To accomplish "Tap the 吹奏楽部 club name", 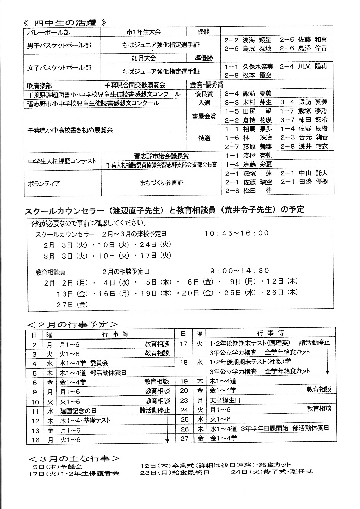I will [39, 84].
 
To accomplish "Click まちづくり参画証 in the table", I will [162, 181].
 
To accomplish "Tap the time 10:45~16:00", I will [236, 233].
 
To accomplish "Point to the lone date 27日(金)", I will [65, 304].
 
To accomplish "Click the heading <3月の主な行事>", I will [74, 458].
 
